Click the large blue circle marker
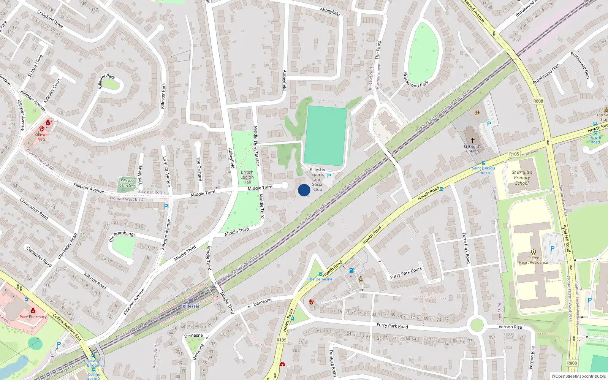tap(304, 190)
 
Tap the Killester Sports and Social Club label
tap(318, 179)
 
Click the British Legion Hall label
tap(247, 177)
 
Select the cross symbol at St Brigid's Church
tap(473, 140)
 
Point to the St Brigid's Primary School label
tap(522, 177)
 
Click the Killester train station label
tap(191, 306)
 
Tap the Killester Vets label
tap(42, 137)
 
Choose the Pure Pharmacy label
tap(33, 317)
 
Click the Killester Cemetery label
tap(127, 183)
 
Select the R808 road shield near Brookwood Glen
tap(538, 101)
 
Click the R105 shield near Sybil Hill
tap(514, 154)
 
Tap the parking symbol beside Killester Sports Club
tap(329, 176)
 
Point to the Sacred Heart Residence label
tap(533, 260)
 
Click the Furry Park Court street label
tap(406, 273)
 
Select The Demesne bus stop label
tap(320, 279)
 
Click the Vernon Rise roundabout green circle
tap(477, 325)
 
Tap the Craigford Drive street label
tap(50, 19)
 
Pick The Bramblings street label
tap(122, 236)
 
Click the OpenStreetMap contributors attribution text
tap(579, 376)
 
